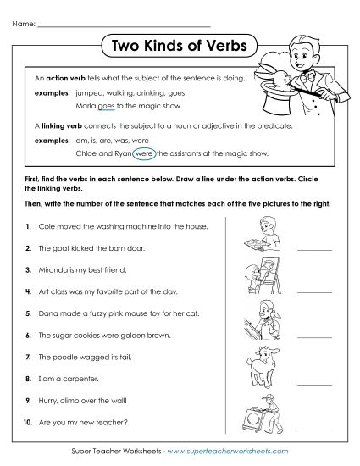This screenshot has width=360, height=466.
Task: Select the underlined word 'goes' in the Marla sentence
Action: [x=106, y=108]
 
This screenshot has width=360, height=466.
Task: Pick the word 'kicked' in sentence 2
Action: [x=77, y=248]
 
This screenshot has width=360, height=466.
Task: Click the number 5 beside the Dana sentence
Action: [x=29, y=313]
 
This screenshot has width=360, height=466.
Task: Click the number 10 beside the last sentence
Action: [x=29, y=420]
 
